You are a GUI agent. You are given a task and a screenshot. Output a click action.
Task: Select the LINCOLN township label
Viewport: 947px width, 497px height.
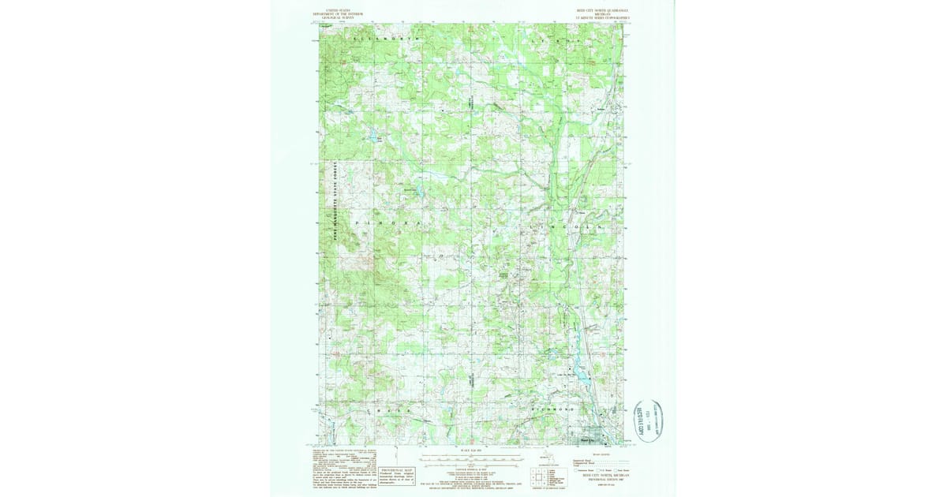[x=567, y=226]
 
